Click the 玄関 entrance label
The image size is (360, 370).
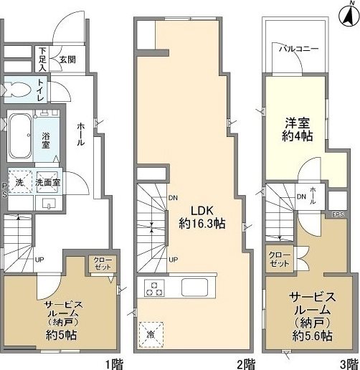[x=67, y=60]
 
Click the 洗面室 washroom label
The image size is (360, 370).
[x=48, y=183]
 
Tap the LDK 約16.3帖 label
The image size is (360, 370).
[x=202, y=217]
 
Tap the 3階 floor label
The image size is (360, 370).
[x=349, y=364]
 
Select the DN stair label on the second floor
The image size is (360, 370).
[x=173, y=198]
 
